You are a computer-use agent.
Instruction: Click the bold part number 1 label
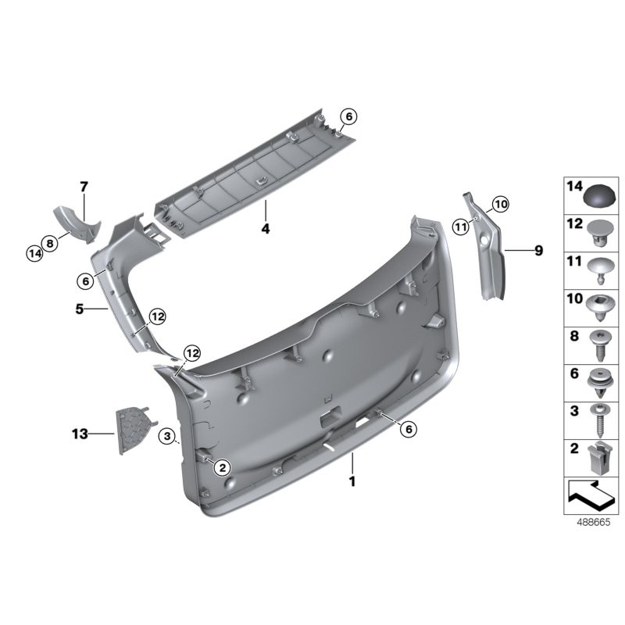coord(352,482)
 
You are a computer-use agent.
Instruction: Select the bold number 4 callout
coord(266,229)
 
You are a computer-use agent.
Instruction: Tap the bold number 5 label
coord(79,309)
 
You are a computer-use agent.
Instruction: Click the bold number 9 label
coord(538,251)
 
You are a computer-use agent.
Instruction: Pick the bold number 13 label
coord(79,432)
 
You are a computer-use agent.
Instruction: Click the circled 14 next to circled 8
coord(33,253)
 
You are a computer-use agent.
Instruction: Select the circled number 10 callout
coord(500,205)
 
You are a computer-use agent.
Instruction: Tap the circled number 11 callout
coord(460,227)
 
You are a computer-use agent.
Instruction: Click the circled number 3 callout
coord(166,435)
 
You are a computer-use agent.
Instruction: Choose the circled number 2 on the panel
coord(221,468)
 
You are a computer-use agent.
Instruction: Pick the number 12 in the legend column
coord(574,223)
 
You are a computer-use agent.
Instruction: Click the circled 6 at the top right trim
coord(348,116)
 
